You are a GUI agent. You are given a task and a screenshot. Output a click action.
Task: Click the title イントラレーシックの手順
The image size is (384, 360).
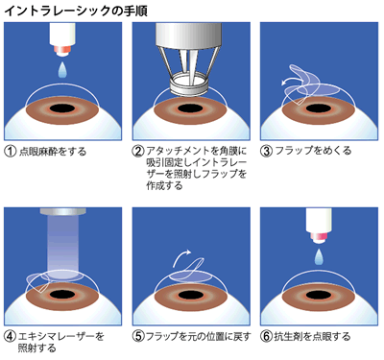(76, 11)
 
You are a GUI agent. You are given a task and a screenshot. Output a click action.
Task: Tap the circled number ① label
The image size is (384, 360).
(11, 151)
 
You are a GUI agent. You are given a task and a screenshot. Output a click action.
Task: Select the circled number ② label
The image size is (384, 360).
(138, 151)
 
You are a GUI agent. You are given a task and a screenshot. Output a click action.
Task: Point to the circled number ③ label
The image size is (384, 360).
(267, 151)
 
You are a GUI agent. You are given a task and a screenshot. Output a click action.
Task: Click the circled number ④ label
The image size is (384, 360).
(11, 336)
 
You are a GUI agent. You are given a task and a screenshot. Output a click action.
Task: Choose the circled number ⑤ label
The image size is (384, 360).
(138, 336)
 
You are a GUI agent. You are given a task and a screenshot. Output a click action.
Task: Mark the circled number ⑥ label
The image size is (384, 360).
(267, 336)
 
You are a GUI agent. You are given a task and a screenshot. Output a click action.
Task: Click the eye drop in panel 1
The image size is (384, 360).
(62, 70)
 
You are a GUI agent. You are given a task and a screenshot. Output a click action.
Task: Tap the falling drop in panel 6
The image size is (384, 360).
(319, 256)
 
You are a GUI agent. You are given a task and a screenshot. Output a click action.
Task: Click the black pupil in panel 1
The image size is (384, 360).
(62, 108)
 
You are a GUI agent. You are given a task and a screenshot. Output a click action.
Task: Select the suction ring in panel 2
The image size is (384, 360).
(189, 84)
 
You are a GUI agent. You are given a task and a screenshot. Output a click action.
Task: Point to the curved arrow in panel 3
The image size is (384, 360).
(292, 80)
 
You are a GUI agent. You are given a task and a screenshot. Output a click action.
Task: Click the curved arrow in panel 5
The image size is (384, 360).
(180, 256)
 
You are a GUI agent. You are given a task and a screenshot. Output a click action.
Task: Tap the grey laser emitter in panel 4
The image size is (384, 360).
(62, 211)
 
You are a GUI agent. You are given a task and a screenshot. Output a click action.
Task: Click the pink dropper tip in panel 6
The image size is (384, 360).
(319, 237)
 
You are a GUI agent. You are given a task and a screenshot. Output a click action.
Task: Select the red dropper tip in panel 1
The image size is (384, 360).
(62, 49)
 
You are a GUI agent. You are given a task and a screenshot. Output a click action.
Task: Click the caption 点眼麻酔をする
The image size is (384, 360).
(53, 151)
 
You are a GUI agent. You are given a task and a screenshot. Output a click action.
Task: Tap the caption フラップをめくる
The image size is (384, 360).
(313, 151)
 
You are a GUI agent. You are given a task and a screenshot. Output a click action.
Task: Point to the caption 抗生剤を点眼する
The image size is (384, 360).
(312, 337)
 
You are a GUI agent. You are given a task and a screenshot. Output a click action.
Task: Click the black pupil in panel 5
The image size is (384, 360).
(191, 295)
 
